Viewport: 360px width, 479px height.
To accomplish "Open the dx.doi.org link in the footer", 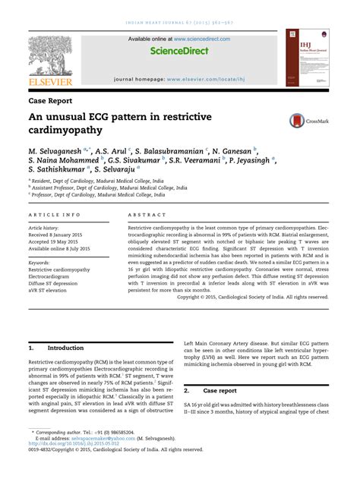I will [77, 446].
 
